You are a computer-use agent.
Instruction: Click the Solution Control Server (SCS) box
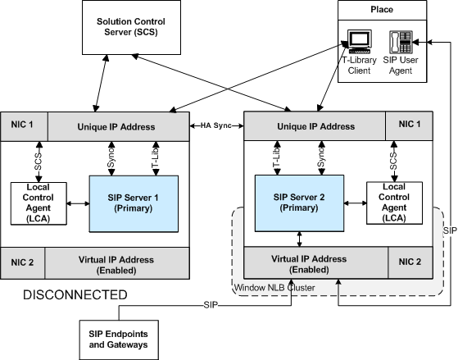tap(131, 28)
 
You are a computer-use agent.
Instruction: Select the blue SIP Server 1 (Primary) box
tap(134, 204)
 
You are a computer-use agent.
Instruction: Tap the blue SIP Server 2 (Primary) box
tap(299, 203)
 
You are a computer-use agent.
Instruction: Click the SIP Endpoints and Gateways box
tap(119, 339)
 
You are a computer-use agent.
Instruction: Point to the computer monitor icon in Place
tap(360, 42)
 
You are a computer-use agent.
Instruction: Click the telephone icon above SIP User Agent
tap(401, 42)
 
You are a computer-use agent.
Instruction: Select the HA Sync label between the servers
tap(216, 125)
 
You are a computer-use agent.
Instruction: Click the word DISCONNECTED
tap(75, 294)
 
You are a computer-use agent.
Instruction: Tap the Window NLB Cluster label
tap(274, 288)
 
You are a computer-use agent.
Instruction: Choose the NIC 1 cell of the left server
tap(25, 126)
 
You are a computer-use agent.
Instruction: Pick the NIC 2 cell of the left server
tap(22, 263)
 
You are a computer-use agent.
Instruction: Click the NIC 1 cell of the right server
tap(409, 125)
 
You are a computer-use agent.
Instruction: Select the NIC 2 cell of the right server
tap(410, 262)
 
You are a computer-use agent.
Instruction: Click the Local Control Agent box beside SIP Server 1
tap(39, 203)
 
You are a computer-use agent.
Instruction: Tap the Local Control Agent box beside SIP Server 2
tap(394, 203)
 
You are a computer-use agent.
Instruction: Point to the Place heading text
tap(382, 10)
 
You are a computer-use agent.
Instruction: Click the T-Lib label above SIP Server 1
tap(155, 158)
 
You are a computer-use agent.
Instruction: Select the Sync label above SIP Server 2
tap(321, 157)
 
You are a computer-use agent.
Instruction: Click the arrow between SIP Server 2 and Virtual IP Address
tap(299, 239)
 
